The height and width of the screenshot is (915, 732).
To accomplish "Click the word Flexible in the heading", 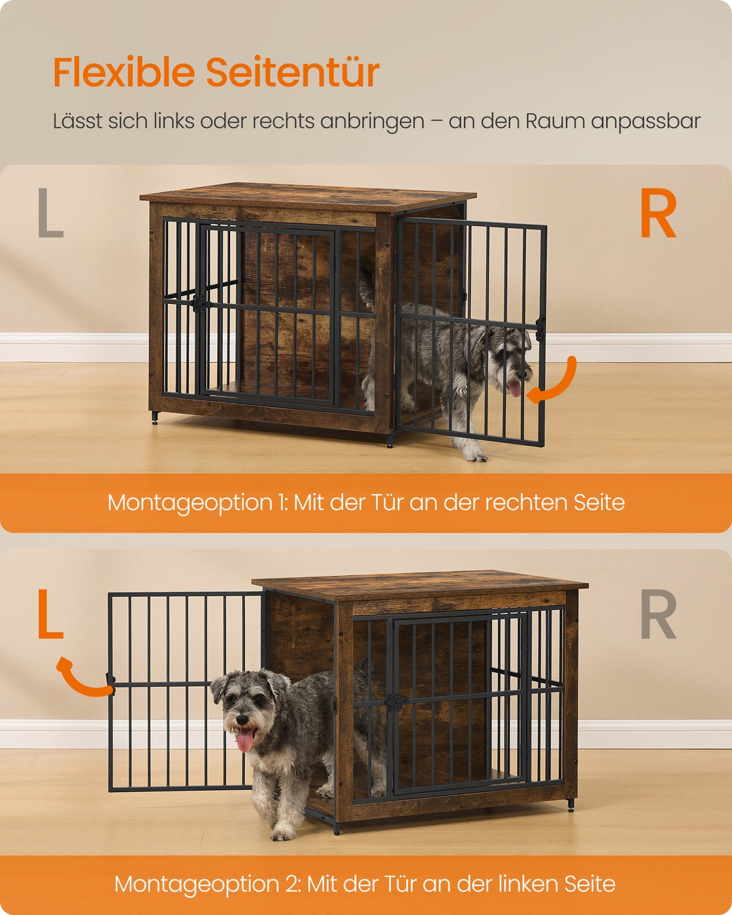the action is click(124, 73).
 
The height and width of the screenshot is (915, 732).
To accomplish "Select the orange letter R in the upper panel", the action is click(658, 212).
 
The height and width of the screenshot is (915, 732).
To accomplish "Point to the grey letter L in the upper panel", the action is click(50, 212).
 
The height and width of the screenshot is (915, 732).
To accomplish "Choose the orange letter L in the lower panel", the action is click(50, 614).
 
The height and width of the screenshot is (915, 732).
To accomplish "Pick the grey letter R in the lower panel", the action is click(658, 614).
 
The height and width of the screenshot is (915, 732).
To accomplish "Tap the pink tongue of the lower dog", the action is click(245, 740).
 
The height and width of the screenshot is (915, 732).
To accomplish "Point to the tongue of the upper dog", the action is click(514, 389).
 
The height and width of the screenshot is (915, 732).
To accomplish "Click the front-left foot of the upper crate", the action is click(154, 418).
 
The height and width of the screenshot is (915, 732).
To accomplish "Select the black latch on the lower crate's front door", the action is click(396, 701).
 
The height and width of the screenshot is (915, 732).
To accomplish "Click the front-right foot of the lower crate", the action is click(571, 805).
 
